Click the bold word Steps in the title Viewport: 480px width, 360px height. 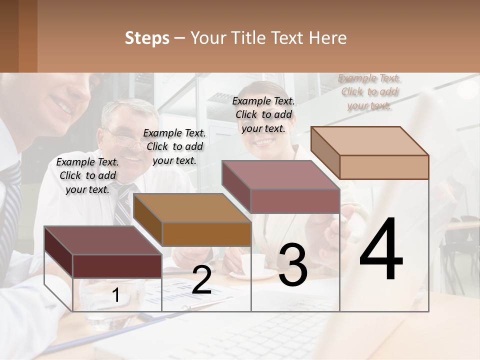point(147,38)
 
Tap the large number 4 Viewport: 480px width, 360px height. point(381,250)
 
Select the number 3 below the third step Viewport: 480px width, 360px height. point(293,265)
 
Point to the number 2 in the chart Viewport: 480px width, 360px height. point(201,280)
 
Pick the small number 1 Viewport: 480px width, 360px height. point(116,295)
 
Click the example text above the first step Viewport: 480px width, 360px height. point(87,175)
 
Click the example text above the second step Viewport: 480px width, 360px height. point(174,146)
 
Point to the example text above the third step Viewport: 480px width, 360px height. point(263,114)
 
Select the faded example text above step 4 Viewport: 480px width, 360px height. point(369,91)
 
